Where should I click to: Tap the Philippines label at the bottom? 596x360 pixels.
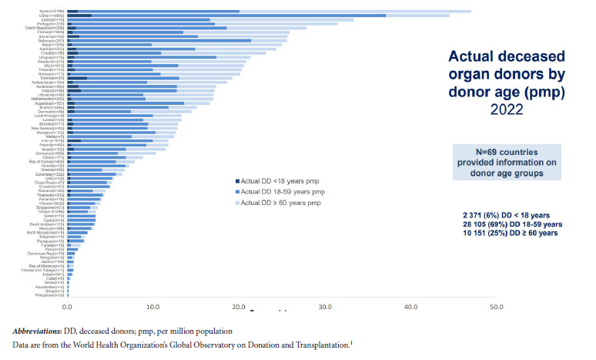click(x=50, y=295)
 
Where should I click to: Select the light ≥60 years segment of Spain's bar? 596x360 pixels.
click(x=355, y=12)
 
